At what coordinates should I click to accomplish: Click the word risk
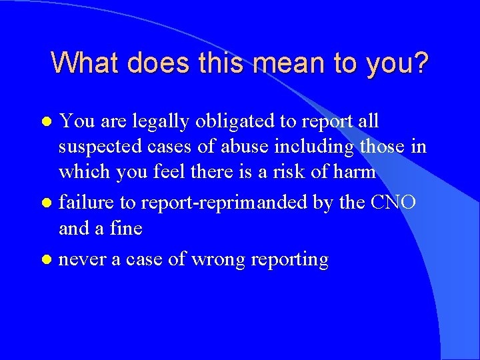pos(300,171)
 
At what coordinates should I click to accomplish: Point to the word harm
pos(355,171)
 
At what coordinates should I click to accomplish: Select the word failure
pos(82,202)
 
